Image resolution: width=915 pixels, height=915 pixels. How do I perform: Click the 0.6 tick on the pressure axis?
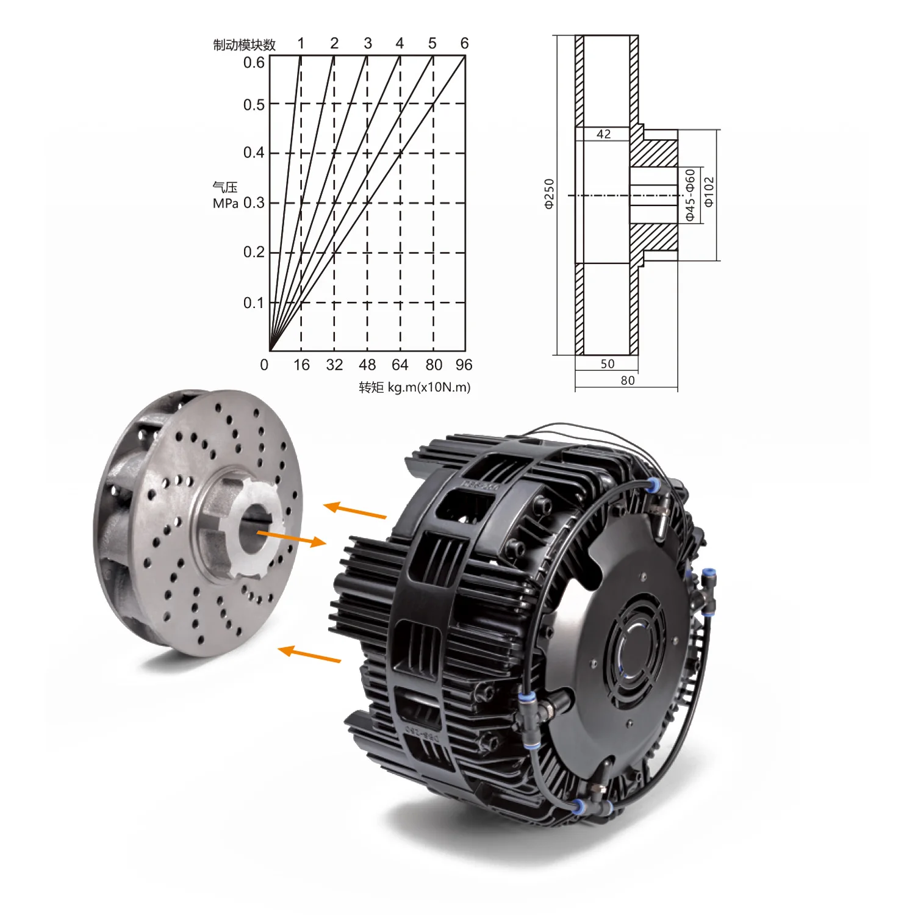click(x=254, y=63)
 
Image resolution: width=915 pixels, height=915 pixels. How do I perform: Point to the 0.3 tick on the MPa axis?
click(x=254, y=203)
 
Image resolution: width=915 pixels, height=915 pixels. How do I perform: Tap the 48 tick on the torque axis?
click(x=367, y=365)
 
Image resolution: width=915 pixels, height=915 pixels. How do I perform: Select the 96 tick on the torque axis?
click(x=464, y=365)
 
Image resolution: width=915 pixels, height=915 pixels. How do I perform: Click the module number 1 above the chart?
click(x=301, y=43)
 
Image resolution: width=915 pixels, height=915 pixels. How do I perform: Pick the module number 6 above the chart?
click(x=464, y=43)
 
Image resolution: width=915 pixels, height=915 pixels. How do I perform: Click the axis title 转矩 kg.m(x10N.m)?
click(x=415, y=387)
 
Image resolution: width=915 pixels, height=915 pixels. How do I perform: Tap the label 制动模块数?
click(x=244, y=45)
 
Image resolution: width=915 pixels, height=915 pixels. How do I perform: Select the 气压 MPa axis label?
click(x=225, y=195)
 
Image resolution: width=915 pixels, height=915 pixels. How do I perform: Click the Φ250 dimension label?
click(x=549, y=194)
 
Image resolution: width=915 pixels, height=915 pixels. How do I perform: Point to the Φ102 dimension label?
click(x=709, y=192)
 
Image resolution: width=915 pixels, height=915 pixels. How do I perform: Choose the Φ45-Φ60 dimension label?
click(x=690, y=195)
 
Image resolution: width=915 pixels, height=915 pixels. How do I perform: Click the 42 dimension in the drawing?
click(x=604, y=134)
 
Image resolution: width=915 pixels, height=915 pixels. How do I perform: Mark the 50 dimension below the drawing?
click(x=608, y=364)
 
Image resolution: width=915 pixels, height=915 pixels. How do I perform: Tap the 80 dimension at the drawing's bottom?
click(x=628, y=381)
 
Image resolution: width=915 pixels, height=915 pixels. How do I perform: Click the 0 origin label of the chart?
click(x=264, y=365)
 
